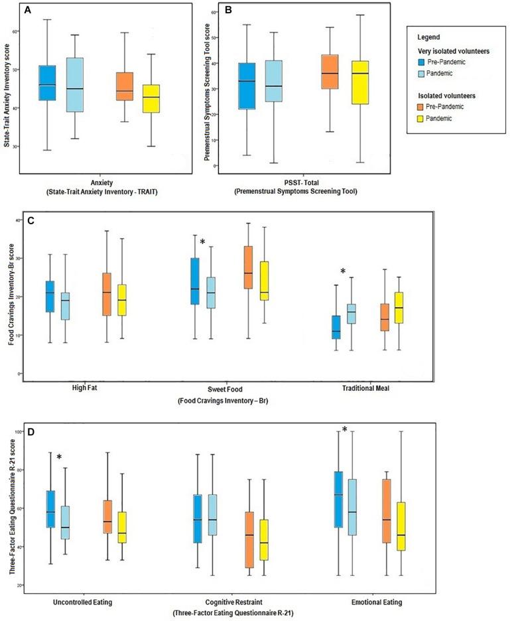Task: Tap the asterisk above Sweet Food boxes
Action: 204,242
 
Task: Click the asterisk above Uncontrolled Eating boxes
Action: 59,457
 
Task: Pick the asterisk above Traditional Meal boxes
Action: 343,271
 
